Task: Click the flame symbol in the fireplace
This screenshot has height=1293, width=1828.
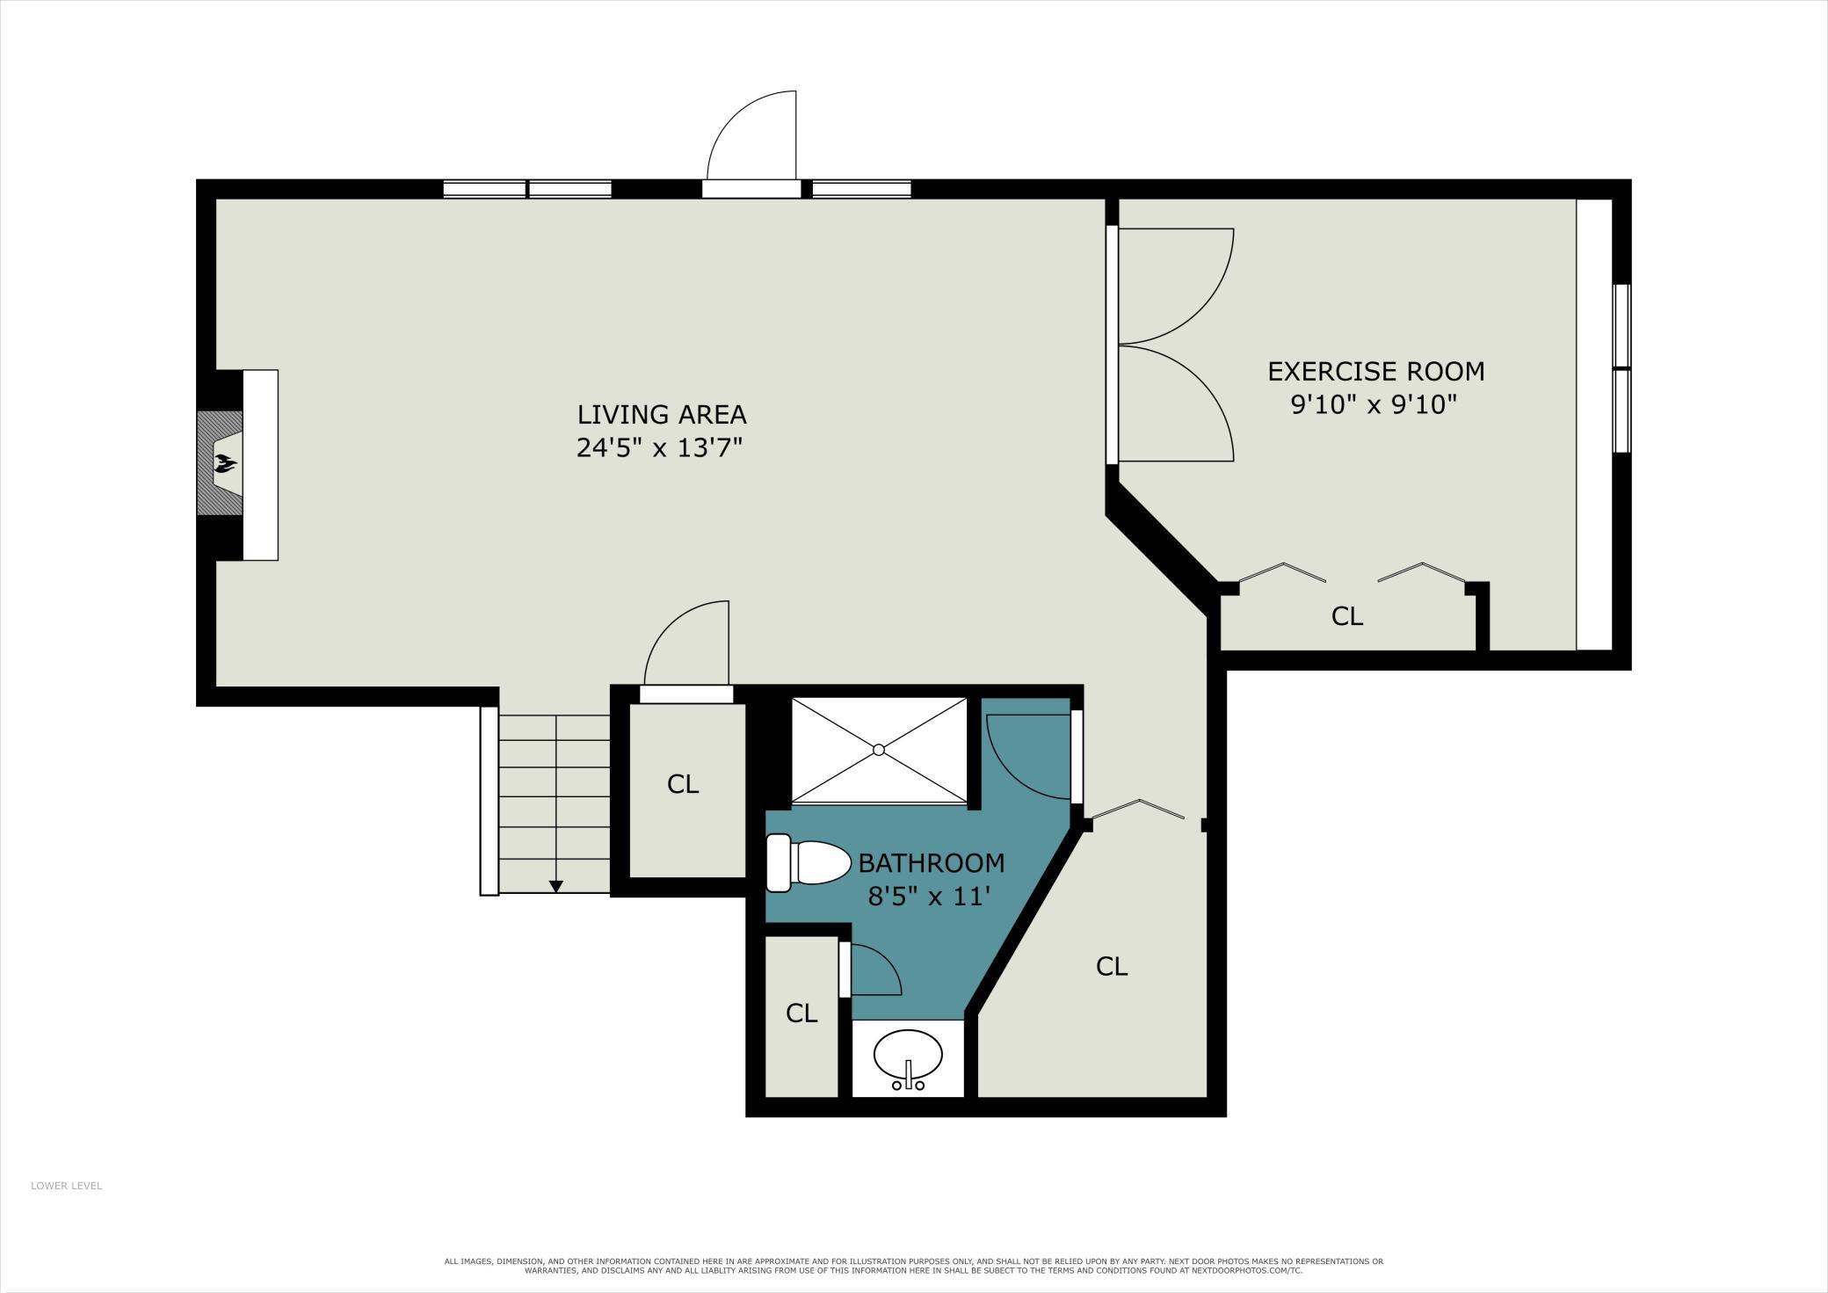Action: point(226,463)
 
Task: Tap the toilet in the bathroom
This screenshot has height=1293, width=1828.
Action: point(808,862)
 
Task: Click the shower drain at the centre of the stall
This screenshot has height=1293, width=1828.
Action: point(879,750)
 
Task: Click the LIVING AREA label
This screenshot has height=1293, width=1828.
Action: point(662,414)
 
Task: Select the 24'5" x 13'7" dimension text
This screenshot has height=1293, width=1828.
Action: point(660,448)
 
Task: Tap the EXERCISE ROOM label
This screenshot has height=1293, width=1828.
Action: point(1376,371)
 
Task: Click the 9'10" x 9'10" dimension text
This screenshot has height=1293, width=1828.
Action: point(1375,405)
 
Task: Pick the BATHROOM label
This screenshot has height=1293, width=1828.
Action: point(932,862)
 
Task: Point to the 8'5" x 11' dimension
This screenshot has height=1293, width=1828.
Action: point(930,897)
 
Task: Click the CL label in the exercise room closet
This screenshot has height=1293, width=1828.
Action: point(1346,616)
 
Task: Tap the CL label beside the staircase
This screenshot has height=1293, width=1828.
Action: point(683,783)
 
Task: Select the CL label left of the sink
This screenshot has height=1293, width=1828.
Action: point(802,1013)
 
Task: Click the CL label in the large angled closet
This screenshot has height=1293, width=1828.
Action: point(1112,966)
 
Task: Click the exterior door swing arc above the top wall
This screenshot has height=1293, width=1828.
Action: point(733,117)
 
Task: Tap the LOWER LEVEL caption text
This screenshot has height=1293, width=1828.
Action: point(67,1186)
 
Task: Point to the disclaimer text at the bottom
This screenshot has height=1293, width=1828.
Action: point(914,1266)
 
